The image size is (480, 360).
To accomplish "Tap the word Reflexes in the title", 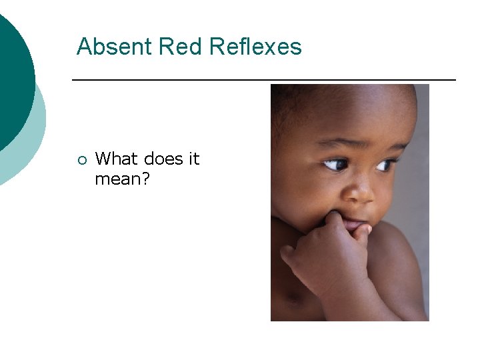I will [255, 47].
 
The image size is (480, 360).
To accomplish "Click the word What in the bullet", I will [116, 159].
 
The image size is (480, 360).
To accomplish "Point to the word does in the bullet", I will [161, 159].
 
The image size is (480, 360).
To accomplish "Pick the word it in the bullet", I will [193, 159].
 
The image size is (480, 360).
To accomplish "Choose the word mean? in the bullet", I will [121, 179].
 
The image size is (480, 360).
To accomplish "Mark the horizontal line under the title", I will [263, 80].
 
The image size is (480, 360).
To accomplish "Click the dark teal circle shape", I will [10, 73].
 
